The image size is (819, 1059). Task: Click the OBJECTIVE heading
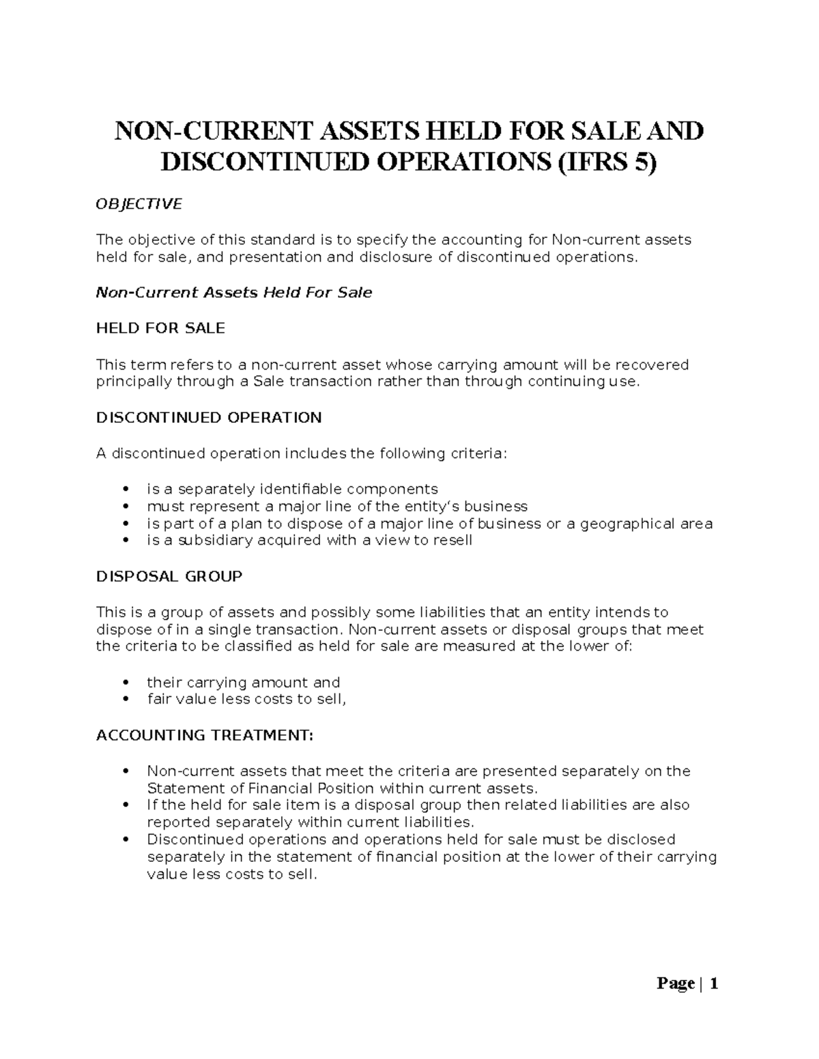[139, 204]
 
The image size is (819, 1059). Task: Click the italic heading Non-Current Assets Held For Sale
[234, 293]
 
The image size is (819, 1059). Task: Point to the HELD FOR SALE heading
[160, 328]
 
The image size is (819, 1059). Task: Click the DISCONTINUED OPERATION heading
[209, 417]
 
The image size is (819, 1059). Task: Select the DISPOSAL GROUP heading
[169, 576]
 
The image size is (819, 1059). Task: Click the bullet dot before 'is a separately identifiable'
[124, 490]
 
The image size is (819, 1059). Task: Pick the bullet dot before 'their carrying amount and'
[124, 683]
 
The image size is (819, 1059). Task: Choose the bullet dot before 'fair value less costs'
[124, 700]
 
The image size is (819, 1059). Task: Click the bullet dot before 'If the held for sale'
[124, 805]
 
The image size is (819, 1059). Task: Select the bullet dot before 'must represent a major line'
[124, 507]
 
